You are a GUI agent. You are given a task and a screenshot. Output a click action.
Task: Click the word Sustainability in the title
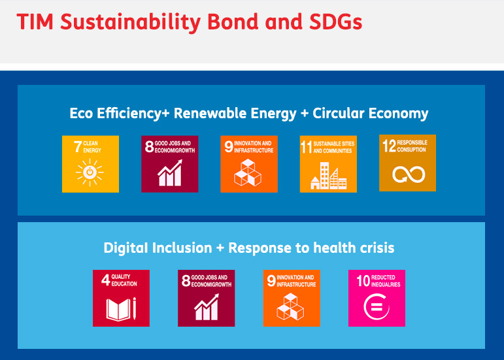[x=131, y=22]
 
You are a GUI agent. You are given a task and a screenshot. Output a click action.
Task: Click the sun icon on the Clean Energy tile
[x=90, y=172]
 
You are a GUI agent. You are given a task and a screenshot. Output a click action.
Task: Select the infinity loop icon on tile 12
[x=409, y=174]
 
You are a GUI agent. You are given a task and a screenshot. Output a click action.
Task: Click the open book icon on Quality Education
[x=121, y=309]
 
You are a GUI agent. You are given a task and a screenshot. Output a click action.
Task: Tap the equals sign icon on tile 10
[x=377, y=306]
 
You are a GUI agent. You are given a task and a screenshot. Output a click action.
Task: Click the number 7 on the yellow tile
[x=78, y=147]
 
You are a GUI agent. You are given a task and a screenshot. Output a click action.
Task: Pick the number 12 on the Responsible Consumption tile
[x=389, y=146]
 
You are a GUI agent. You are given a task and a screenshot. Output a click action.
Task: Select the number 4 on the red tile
[x=105, y=280]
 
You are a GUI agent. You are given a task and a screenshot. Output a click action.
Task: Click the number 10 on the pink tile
[x=363, y=281]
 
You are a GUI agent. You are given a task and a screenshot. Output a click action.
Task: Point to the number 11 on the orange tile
[x=307, y=147]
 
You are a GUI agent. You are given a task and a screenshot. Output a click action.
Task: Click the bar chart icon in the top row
[x=170, y=173]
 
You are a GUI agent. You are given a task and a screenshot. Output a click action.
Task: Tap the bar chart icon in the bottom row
[x=207, y=307]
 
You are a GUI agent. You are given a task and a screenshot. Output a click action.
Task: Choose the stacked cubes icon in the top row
[x=248, y=172]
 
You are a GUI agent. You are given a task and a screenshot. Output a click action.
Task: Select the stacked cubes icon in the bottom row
[x=291, y=306]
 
